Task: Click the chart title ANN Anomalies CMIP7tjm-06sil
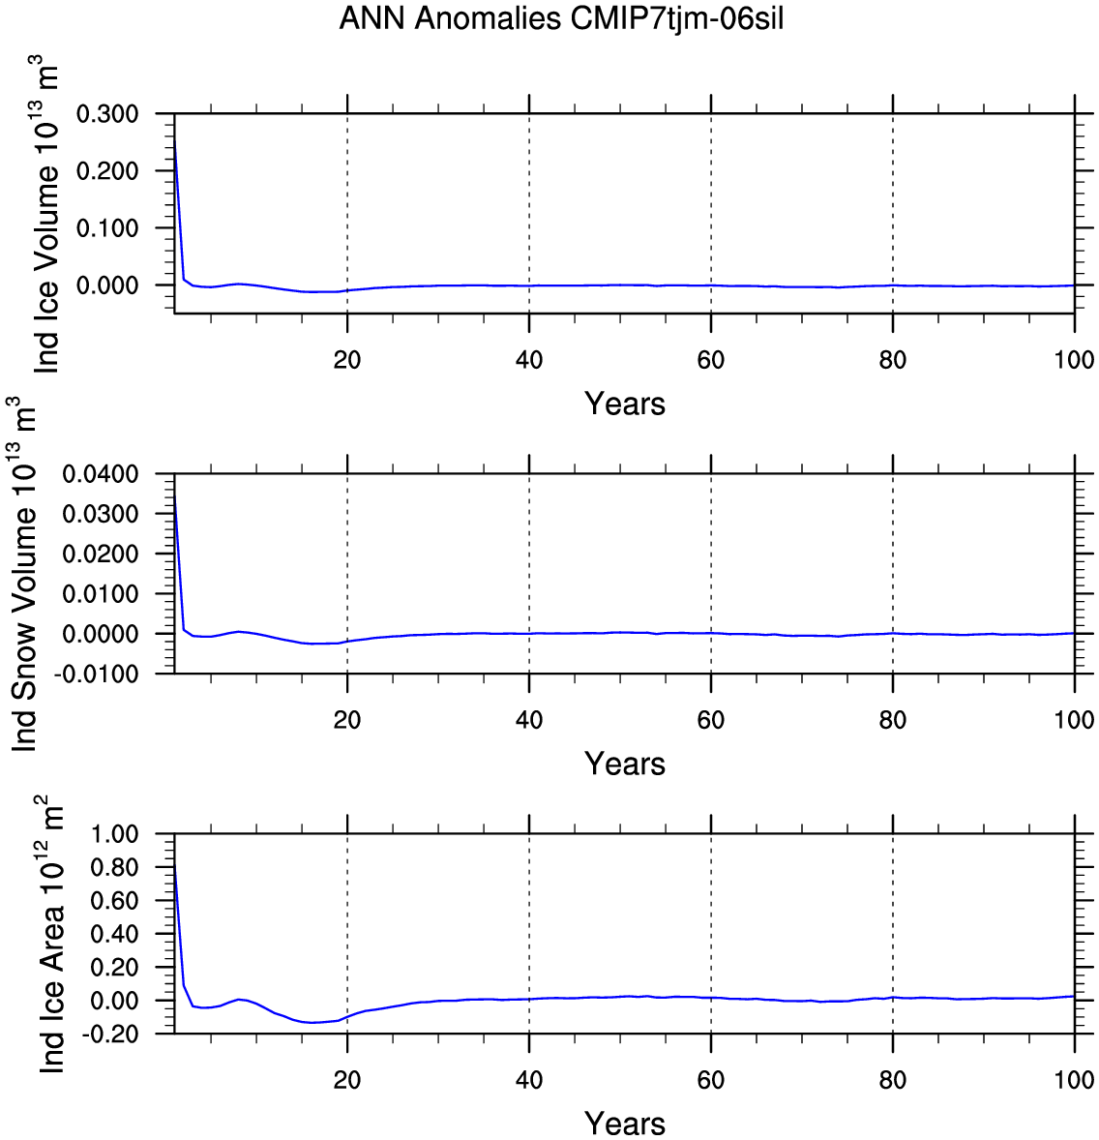(561, 18)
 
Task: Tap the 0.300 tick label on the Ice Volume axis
(107, 114)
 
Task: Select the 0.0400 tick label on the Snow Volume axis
(101, 474)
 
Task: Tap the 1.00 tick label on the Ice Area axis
(114, 834)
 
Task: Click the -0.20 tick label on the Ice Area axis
(109, 1034)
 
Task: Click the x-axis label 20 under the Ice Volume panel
(347, 360)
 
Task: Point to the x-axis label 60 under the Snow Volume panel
(711, 720)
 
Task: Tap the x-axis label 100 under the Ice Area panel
(1074, 1080)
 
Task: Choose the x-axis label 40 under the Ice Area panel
(529, 1080)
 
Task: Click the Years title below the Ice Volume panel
(625, 404)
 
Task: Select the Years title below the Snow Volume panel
(625, 764)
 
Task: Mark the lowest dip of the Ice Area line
(312, 1023)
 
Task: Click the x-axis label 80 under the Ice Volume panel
(893, 360)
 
